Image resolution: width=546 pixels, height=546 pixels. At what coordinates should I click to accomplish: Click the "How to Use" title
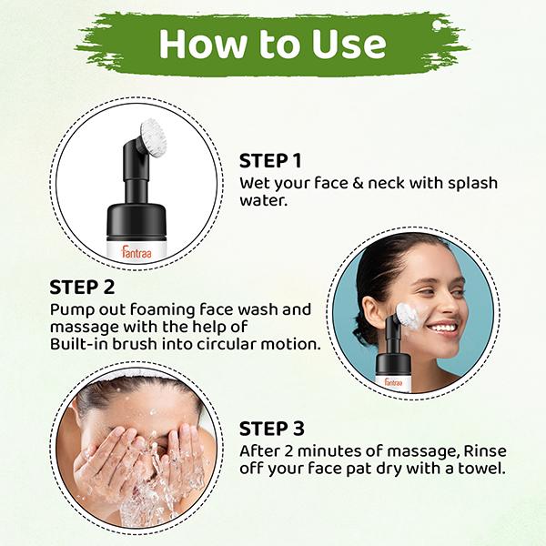tap(272, 43)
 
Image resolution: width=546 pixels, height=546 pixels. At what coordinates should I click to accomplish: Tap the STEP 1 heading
tap(270, 160)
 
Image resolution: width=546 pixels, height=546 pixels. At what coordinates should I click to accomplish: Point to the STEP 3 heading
tap(270, 428)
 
